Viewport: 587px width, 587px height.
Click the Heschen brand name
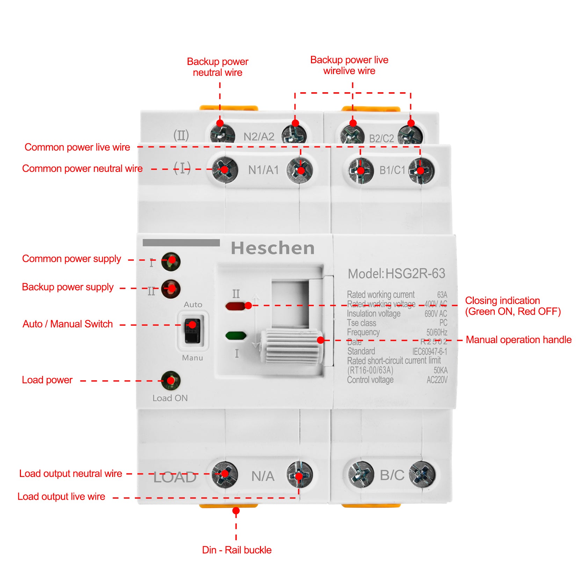tap(273, 248)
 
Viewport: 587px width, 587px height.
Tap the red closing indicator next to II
tap(235, 306)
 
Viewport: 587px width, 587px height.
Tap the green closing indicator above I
tap(236, 336)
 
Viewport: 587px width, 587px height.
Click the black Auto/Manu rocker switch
tap(192, 331)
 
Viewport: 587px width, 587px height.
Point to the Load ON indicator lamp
tap(171, 380)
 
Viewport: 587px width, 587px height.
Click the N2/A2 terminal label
tap(259, 137)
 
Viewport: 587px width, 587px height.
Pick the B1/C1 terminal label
tap(392, 170)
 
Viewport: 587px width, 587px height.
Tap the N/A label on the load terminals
tap(263, 476)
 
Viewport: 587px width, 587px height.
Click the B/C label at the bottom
tap(392, 475)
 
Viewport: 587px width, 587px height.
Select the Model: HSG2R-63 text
tap(397, 274)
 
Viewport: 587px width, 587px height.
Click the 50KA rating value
tap(440, 370)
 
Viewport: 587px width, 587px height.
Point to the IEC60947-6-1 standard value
tap(429, 352)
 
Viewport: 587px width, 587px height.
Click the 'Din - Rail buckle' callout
tap(237, 550)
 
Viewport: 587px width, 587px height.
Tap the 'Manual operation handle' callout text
tap(519, 340)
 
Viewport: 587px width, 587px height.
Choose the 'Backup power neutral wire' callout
tap(217, 67)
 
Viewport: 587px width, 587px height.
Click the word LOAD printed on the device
tap(175, 477)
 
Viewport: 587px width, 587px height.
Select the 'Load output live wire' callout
tap(61, 497)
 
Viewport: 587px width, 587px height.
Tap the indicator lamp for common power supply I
tap(171, 261)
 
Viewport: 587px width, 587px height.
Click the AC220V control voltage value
tap(437, 380)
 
